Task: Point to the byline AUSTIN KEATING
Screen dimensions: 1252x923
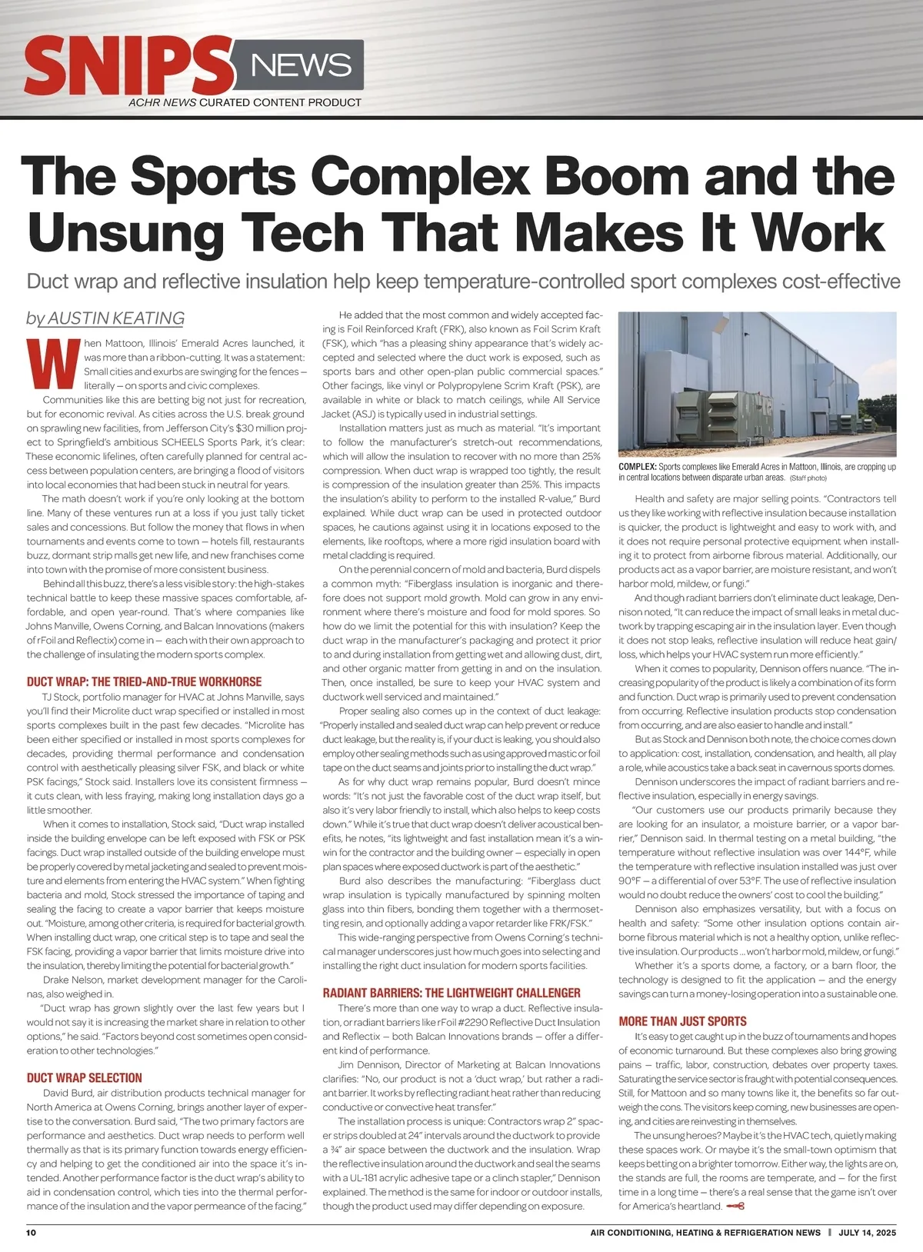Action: (x=116, y=318)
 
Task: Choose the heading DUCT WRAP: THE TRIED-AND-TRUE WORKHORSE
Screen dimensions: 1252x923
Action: (x=144, y=681)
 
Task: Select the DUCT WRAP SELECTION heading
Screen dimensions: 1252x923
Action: (x=85, y=1077)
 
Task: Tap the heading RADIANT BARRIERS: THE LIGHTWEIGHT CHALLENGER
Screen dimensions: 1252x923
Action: (x=452, y=993)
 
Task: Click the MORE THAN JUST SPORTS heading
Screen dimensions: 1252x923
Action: (x=682, y=1021)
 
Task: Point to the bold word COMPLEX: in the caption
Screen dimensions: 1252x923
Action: (x=638, y=467)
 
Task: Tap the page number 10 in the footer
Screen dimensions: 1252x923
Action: (x=32, y=1232)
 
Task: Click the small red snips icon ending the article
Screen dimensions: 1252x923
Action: (x=735, y=1206)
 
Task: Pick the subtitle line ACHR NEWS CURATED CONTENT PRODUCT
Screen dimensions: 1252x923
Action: (x=245, y=102)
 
